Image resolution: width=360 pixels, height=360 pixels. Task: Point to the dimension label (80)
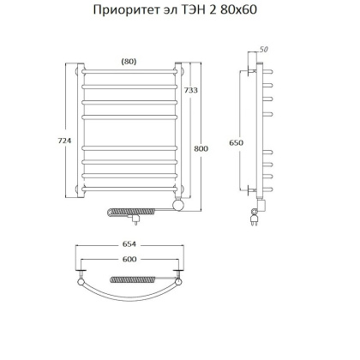128,61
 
